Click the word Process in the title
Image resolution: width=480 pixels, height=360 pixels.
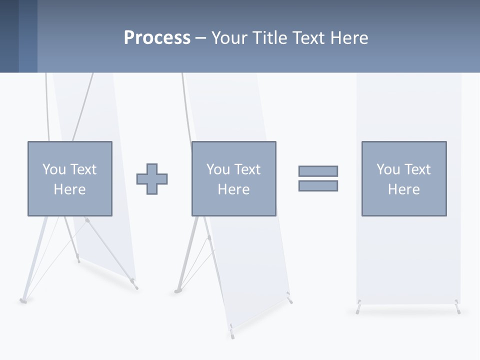pos(157,38)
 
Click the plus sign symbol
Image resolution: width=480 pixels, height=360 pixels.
pos(152,179)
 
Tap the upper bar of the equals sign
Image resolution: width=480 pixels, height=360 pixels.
pos(318,171)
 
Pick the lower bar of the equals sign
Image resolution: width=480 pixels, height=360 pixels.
pos(318,185)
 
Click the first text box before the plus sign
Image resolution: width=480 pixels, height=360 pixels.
pos(70,178)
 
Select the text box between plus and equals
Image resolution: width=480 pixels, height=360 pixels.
pos(233,178)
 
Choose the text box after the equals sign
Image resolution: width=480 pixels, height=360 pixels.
pos(403,178)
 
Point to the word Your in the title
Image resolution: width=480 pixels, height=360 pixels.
pos(228,38)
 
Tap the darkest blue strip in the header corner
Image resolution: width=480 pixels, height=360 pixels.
pos(9,36)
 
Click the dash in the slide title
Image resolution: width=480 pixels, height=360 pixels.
pos(200,38)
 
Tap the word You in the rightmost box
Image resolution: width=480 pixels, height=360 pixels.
pos(387,169)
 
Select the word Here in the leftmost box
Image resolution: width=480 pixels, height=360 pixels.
pos(69,189)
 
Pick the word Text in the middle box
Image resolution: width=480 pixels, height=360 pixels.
pos(246,169)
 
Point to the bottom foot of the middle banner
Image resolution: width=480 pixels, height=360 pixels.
pos(231,330)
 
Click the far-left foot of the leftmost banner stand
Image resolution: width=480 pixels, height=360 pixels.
pos(22,300)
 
